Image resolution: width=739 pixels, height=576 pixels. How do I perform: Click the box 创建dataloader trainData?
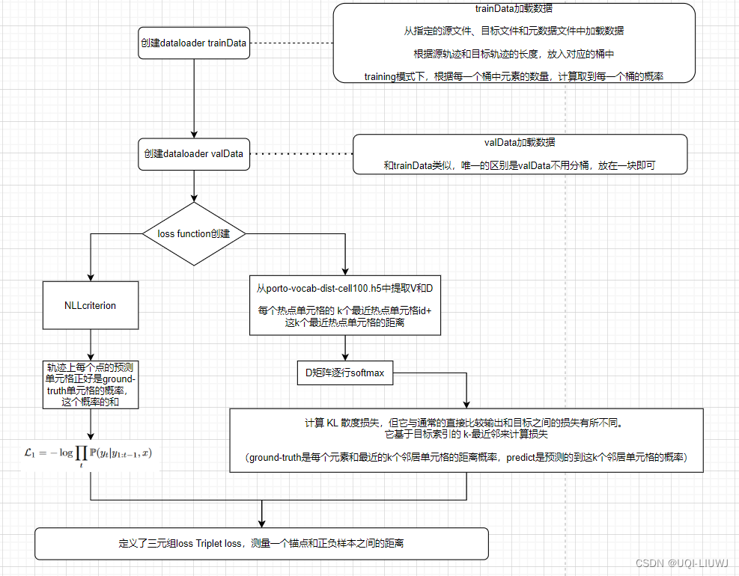[x=193, y=43]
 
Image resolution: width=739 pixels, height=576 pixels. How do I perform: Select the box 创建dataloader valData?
[x=193, y=154]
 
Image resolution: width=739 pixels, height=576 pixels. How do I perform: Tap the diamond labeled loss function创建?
[x=193, y=233]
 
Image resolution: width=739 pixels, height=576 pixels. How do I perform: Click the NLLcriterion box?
[x=91, y=306]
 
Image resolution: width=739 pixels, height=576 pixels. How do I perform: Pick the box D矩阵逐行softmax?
[x=344, y=373]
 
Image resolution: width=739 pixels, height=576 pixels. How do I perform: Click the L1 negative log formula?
[x=88, y=454]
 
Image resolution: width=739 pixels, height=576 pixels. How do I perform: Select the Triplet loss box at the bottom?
[x=261, y=543]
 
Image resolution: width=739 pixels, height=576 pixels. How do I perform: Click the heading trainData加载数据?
[x=514, y=10]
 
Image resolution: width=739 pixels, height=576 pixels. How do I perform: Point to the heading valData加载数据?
[x=520, y=142]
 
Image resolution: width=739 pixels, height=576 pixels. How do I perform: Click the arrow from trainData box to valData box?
[x=194, y=97]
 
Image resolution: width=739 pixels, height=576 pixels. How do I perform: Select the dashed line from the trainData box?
[x=291, y=43]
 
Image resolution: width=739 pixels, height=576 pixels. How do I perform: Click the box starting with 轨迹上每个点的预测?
[x=91, y=384]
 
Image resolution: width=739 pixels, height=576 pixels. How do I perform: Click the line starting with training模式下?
[x=514, y=76]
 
